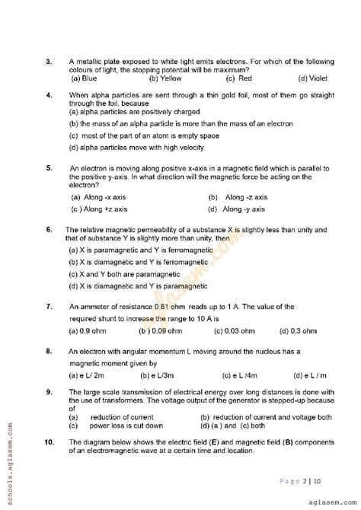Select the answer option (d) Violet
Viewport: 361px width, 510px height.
[312, 78]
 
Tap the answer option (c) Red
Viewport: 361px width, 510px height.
[240, 78]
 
